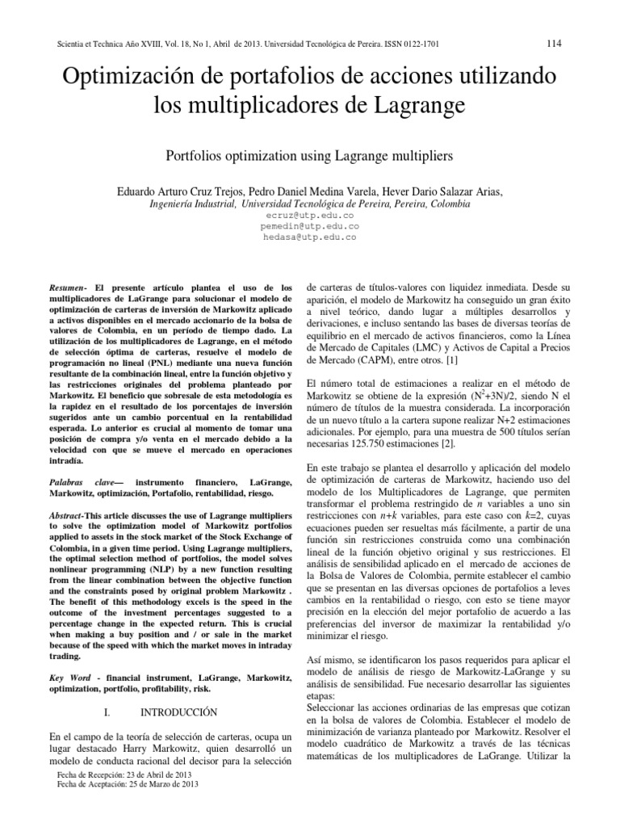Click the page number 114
(x=554, y=43)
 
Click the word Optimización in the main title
(x=136, y=78)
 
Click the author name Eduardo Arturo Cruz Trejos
(x=186, y=191)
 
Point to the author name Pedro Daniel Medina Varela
(x=315, y=191)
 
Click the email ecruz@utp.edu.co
(x=310, y=216)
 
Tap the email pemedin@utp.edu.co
(x=310, y=227)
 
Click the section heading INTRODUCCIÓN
(x=179, y=712)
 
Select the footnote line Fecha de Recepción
(x=124, y=772)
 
